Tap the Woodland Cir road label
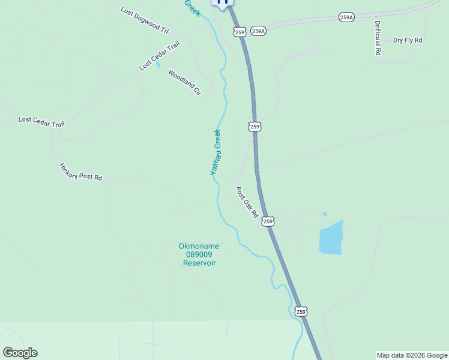(184, 83)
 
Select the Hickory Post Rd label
(80, 172)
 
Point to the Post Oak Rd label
(247, 202)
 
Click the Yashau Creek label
(215, 152)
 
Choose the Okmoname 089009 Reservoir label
(199, 254)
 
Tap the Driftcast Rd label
(378, 38)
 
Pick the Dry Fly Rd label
(408, 40)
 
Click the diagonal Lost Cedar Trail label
(159, 56)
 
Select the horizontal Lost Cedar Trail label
(41, 121)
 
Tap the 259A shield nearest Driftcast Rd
(346, 17)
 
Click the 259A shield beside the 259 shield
(258, 31)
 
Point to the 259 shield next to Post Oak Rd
(268, 221)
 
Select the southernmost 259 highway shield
(301, 311)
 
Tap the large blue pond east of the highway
(331, 238)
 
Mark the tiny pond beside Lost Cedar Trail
(158, 65)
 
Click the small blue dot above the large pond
(325, 214)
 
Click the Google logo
(20, 353)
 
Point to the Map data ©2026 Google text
(412, 355)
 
